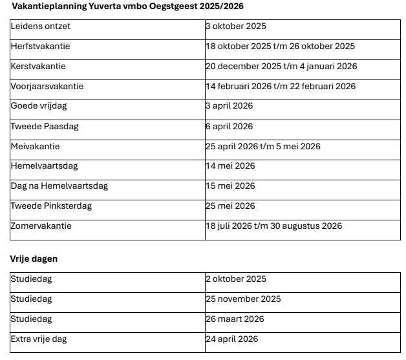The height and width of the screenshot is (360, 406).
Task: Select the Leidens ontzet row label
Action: [41, 26]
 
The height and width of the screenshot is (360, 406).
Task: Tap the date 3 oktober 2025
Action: [236, 26]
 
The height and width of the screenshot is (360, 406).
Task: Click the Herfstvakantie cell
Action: [41, 47]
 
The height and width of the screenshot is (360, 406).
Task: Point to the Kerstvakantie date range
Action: [281, 67]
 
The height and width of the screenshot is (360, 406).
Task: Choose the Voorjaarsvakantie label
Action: [47, 87]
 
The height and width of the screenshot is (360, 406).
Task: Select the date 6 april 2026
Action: [229, 127]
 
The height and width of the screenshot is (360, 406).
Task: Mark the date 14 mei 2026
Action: [230, 166]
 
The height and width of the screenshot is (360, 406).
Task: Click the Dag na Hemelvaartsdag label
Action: [59, 186]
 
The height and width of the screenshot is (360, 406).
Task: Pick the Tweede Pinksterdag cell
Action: [52, 206]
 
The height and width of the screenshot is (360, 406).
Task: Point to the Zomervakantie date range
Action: [274, 226]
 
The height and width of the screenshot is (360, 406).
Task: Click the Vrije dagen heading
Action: [34, 259]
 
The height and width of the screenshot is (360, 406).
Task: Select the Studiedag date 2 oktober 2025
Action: [236, 279]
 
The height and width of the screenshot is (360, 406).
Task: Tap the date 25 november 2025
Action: [243, 299]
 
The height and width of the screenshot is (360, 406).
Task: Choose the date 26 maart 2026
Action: [235, 319]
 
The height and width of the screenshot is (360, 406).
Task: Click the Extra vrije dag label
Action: [39, 339]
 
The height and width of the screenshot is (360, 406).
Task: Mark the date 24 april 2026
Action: [231, 339]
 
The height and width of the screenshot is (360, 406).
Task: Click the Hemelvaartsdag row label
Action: [44, 166]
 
